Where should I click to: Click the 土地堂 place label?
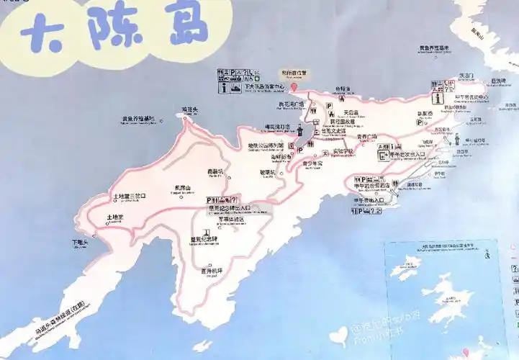pos(115,217)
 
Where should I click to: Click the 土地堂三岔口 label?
pos(130,195)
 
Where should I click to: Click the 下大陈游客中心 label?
pos(264,86)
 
